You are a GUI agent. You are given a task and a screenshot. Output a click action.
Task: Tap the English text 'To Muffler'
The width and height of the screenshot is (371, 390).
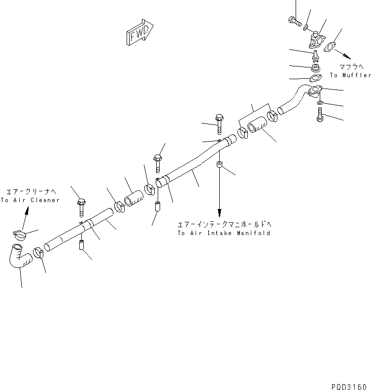tap(350, 75)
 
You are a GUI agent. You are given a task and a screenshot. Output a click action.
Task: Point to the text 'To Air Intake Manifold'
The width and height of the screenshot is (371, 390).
tap(224, 233)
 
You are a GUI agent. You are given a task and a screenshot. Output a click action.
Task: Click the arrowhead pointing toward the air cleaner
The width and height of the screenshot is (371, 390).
tap(27, 211)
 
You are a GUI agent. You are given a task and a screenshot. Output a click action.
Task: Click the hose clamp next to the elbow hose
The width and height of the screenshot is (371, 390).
tap(39, 254)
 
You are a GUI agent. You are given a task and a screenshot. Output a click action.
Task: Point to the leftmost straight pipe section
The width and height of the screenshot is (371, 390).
tap(79, 228)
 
